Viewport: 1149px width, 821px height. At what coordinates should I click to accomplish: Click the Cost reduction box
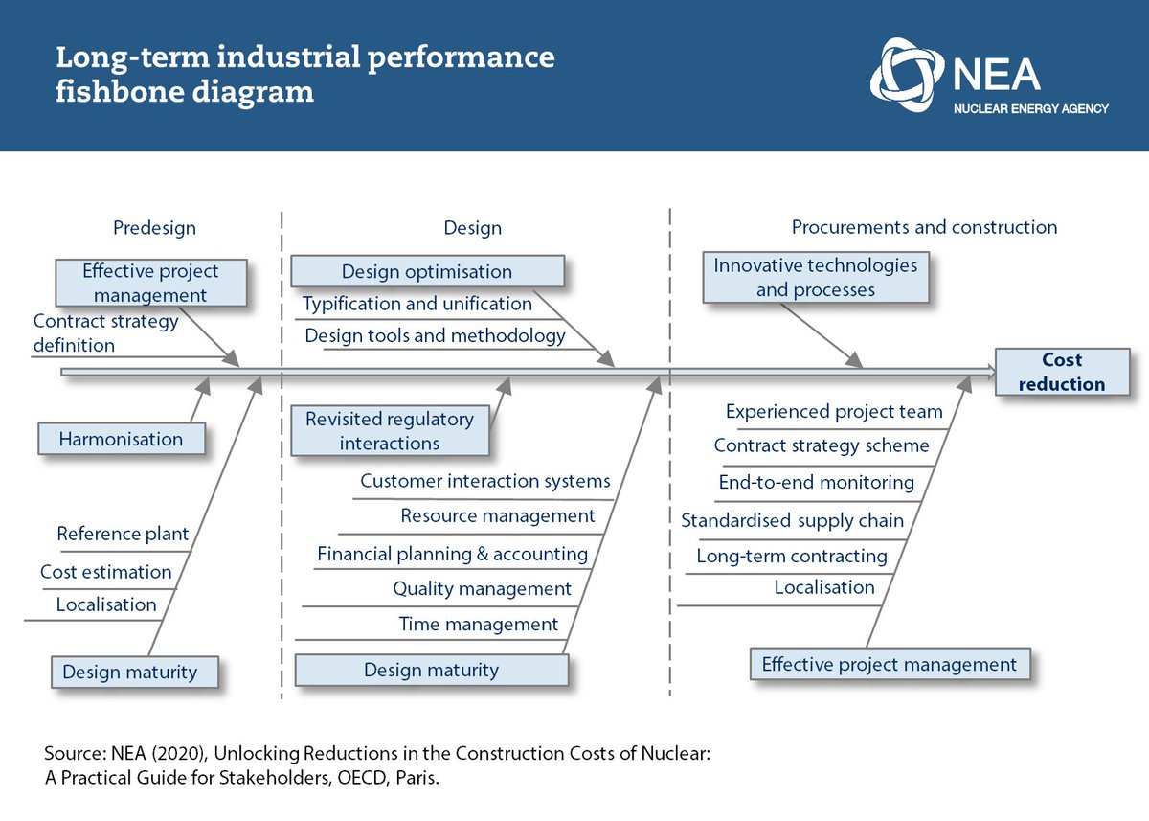point(1062,372)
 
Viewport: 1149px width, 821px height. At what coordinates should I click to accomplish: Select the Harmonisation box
point(121,440)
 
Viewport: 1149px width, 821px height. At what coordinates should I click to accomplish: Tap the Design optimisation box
point(426,271)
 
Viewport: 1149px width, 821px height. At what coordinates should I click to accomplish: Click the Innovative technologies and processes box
point(815,277)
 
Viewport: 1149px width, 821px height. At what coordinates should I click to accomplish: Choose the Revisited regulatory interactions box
point(390,431)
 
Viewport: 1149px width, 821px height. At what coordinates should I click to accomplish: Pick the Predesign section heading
point(154,228)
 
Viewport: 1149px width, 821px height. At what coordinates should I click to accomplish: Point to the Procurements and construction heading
point(924,227)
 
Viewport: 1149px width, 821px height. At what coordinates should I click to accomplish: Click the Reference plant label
point(123,534)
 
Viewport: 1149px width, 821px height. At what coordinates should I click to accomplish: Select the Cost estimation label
point(105,572)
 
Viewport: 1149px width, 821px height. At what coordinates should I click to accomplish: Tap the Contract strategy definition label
point(105,332)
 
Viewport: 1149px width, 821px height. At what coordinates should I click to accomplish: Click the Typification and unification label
point(417,304)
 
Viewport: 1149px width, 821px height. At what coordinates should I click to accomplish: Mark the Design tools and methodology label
point(435,335)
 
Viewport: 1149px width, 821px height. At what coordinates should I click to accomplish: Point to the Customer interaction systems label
point(484,481)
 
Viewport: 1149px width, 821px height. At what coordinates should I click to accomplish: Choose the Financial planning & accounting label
point(452,554)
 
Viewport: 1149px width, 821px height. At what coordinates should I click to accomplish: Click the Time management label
point(478,625)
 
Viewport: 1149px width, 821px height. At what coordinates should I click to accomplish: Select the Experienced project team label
point(834,412)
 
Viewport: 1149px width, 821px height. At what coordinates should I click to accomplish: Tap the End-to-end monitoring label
point(816,483)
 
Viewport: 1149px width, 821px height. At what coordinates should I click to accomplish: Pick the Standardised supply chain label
point(792,520)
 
